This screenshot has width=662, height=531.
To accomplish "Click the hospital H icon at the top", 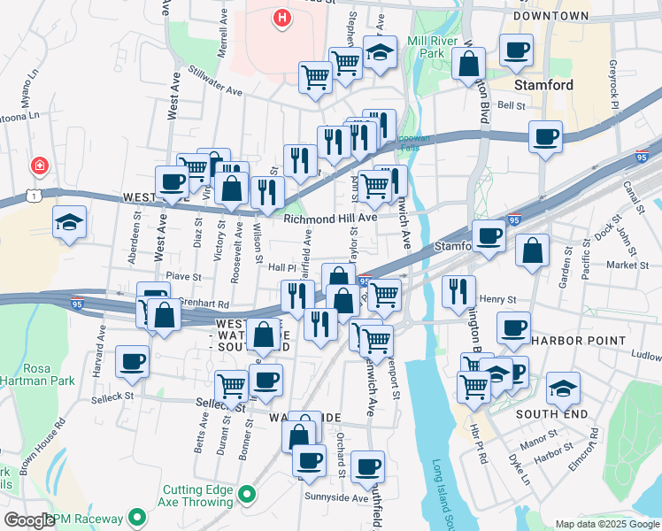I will click(x=281, y=17).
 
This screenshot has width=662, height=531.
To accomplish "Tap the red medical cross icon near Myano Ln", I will click(x=39, y=165).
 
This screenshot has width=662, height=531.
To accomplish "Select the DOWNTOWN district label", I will click(x=550, y=16).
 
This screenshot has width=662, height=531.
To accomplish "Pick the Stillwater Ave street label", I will click(x=212, y=89).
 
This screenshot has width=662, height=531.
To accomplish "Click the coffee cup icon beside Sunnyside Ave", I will click(x=367, y=466).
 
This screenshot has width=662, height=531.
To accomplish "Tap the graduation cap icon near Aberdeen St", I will click(x=68, y=223).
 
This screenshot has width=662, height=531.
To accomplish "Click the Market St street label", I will click(x=627, y=265).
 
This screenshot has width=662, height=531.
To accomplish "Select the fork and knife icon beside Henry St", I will click(x=458, y=291).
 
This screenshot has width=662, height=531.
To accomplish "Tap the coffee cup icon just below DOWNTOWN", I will click(x=516, y=50).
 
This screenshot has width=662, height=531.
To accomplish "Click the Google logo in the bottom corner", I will click(x=29, y=520).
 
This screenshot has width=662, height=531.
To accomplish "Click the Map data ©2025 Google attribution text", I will click(x=607, y=524).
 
